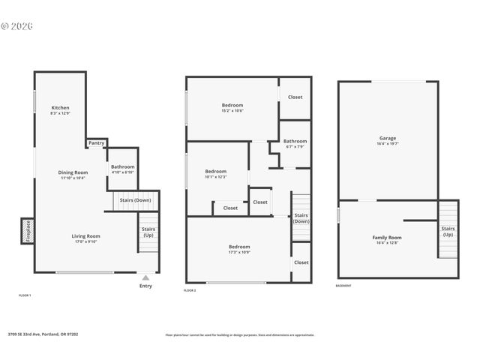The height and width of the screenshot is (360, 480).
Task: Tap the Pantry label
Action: (x=96, y=143)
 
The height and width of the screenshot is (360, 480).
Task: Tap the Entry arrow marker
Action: (x=145, y=277)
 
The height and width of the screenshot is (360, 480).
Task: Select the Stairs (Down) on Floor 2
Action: (x=301, y=218)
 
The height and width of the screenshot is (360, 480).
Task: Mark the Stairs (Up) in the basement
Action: (x=448, y=231)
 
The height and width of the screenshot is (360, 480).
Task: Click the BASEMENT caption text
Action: (x=343, y=286)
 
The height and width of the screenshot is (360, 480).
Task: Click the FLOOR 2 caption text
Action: (x=190, y=290)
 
